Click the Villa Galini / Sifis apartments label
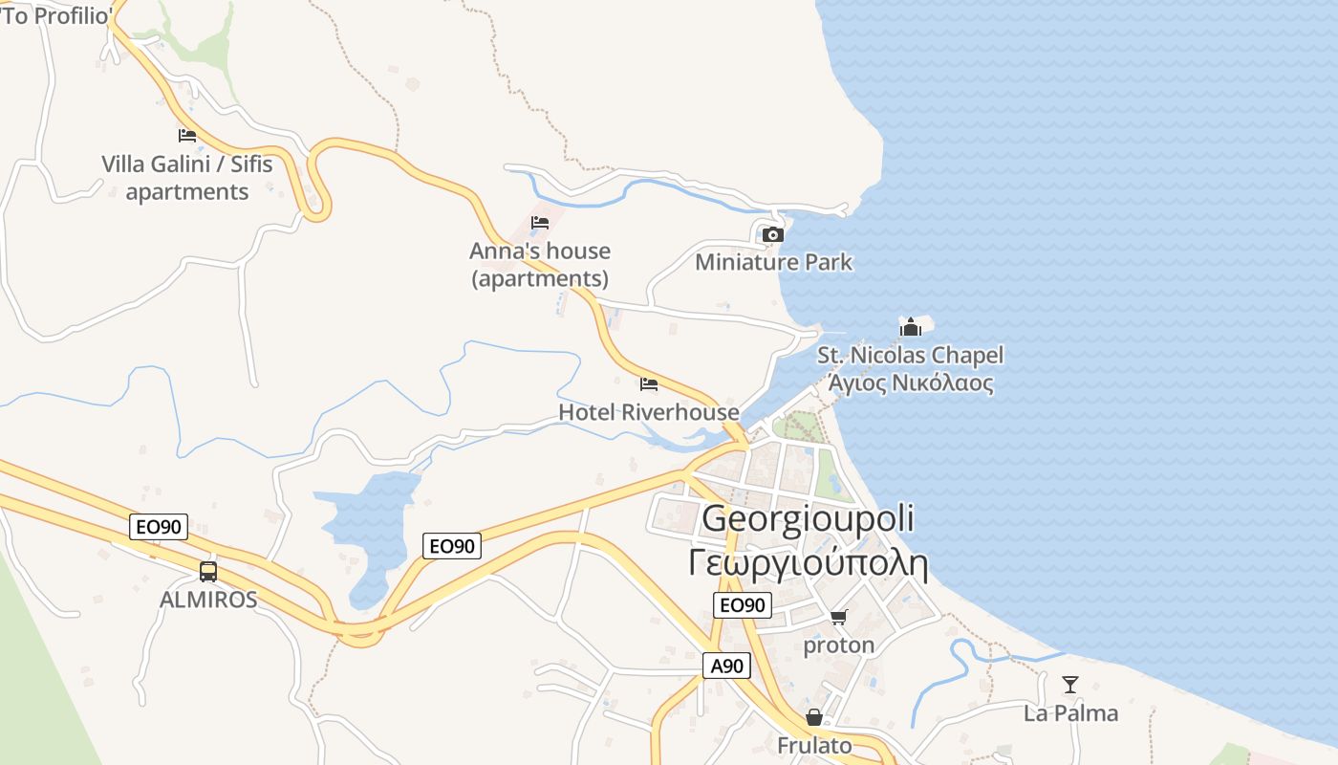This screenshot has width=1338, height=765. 187,178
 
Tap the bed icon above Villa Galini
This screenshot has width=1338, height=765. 187,136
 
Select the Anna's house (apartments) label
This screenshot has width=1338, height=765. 540,264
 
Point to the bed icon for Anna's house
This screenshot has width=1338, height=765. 540,223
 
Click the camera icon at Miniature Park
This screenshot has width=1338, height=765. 773,234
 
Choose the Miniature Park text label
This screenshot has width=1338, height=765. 773,262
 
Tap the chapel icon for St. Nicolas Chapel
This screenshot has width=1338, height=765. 911,327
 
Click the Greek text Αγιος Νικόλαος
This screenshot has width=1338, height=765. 910,383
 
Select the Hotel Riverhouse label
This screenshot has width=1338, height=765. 649,412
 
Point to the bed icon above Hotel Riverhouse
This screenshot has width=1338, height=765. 649,384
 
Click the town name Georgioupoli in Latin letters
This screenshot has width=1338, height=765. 808,518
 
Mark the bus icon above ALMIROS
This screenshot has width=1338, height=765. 207,572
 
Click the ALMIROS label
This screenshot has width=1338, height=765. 208,600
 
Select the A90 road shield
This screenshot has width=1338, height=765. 725,666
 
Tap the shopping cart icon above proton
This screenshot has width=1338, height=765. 838,618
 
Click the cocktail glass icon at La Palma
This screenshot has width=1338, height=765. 1070,685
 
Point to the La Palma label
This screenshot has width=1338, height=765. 1070,713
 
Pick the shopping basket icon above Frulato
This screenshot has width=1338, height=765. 814,717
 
